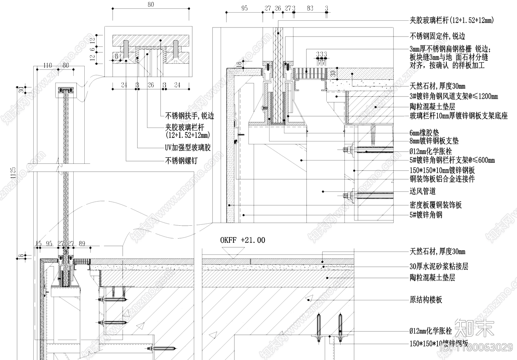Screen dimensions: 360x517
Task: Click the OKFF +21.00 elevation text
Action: point(242,240)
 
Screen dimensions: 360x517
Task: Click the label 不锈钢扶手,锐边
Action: point(189,116)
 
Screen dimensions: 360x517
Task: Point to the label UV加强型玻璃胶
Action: point(188,148)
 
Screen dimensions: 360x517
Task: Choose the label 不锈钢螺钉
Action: point(181,160)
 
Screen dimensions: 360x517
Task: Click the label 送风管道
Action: point(423,191)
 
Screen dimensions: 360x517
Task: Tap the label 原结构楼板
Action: point(426,300)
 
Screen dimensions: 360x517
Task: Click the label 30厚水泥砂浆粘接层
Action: point(439,266)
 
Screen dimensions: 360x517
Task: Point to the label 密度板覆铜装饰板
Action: point(436,205)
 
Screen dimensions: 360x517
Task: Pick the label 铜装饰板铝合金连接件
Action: point(442,179)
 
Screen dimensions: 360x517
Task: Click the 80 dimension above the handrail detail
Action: point(151,5)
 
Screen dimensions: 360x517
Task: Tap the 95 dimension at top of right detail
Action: point(244,8)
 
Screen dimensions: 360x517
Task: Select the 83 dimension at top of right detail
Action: point(310,8)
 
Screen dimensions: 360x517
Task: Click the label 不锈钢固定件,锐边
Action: point(437,36)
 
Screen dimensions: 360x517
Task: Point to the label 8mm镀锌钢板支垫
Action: point(434,141)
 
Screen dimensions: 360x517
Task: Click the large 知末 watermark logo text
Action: point(474,328)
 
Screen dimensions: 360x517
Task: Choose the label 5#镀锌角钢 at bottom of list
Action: point(426,215)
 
